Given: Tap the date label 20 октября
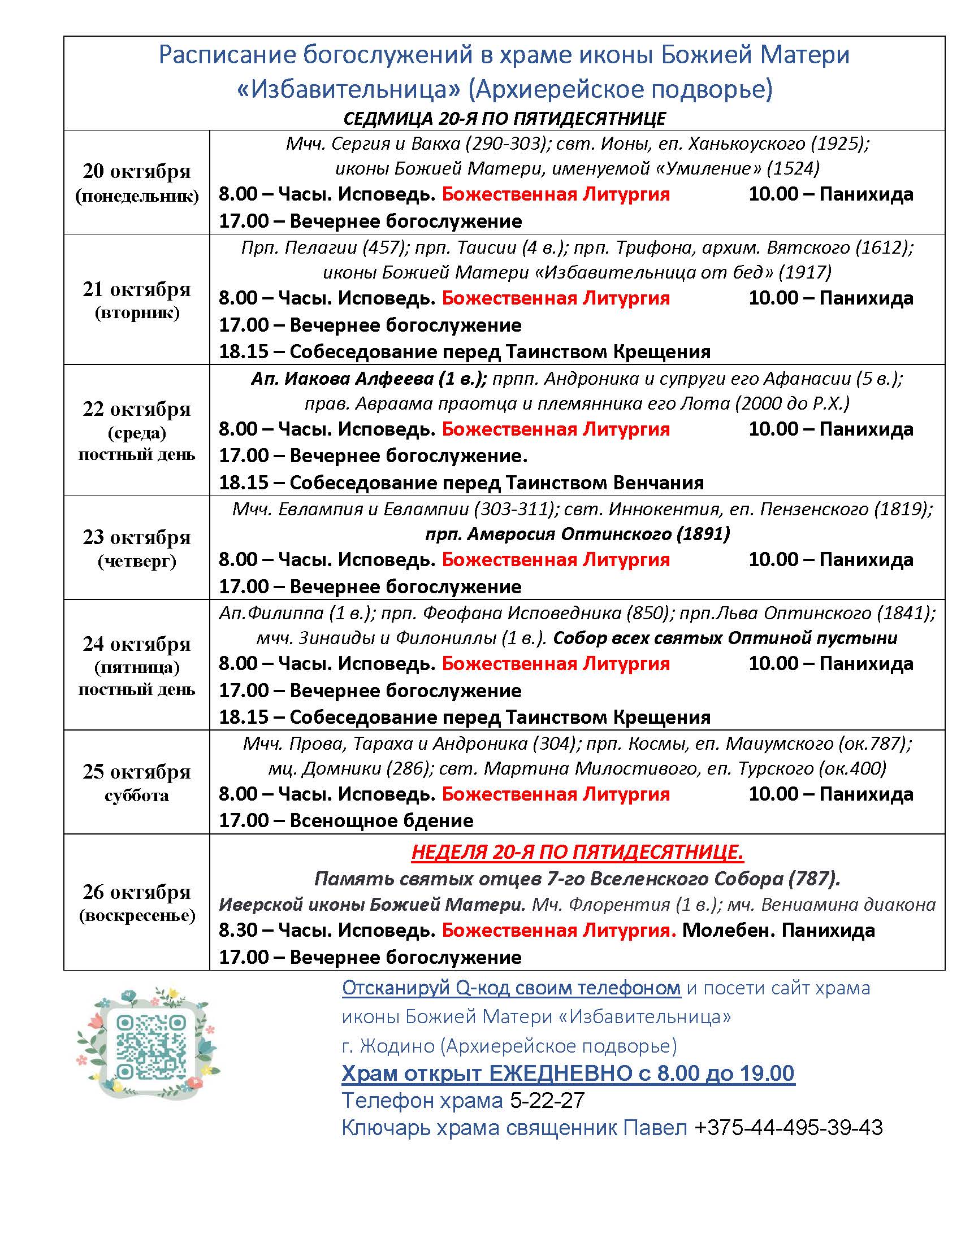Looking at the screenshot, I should click(137, 171).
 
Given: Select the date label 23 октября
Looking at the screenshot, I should click(137, 537).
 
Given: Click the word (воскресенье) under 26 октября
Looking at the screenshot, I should click(137, 916).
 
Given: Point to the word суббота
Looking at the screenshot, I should click(137, 795).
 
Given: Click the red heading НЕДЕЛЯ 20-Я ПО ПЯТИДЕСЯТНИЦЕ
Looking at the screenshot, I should click(577, 852).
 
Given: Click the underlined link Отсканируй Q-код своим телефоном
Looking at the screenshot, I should click(511, 988).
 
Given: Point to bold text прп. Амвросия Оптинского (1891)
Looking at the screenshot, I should click(577, 534).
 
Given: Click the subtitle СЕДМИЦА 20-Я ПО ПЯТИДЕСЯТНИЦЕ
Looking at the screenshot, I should click(504, 119).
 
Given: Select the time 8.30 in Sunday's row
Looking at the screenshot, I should click(238, 931).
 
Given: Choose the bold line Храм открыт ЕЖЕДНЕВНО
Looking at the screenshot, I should click(568, 1073).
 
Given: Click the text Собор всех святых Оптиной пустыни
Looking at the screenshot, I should click(725, 638).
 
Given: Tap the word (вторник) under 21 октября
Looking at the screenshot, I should click(137, 312).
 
